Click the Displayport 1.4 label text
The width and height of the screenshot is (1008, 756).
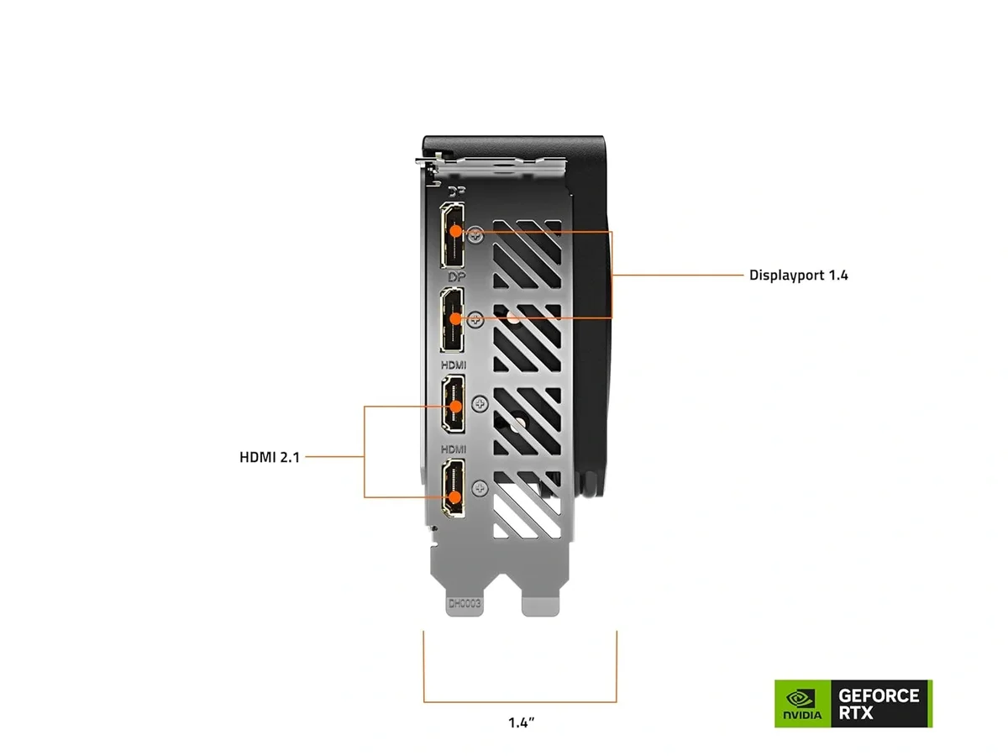(x=798, y=275)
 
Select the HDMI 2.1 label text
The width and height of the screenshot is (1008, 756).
(x=269, y=458)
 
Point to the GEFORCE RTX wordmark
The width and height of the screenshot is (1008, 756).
(x=879, y=704)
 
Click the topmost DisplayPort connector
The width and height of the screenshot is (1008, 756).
(x=453, y=235)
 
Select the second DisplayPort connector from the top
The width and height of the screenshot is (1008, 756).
(x=453, y=319)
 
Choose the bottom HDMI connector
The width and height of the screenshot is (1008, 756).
(x=454, y=487)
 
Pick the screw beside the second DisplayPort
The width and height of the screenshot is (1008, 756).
(x=477, y=318)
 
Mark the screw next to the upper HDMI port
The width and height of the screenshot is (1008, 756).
(x=480, y=404)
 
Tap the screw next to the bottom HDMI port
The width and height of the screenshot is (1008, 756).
(x=480, y=487)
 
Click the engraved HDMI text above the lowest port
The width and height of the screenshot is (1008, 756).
(x=454, y=449)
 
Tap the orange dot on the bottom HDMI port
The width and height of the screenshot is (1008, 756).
(x=454, y=496)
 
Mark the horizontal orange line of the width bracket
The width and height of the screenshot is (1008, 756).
(x=520, y=701)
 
